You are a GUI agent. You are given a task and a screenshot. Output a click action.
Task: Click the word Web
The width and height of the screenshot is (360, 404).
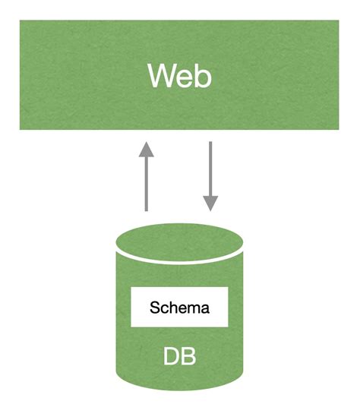click(x=179, y=77)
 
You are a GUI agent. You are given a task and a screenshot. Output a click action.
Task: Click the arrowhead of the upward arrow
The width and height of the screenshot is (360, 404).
click(x=147, y=150)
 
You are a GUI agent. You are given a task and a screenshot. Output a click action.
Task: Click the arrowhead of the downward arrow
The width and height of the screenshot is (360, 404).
click(x=210, y=204)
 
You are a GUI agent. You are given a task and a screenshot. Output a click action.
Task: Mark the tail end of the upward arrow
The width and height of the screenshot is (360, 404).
click(x=147, y=210)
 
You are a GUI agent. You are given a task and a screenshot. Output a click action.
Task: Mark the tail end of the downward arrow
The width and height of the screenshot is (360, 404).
click(x=210, y=144)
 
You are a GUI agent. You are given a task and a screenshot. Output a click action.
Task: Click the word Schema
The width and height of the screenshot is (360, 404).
click(x=179, y=308)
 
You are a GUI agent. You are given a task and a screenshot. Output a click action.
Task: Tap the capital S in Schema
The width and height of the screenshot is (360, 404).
click(x=155, y=308)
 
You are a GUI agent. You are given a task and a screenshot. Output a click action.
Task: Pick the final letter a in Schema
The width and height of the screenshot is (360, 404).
click(x=204, y=308)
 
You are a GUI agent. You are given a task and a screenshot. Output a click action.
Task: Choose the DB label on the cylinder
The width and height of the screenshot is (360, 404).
click(x=179, y=355)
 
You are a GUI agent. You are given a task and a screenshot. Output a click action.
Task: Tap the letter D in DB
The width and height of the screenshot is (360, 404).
click(x=171, y=355)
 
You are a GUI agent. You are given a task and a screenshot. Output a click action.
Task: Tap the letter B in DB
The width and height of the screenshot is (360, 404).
click(x=188, y=355)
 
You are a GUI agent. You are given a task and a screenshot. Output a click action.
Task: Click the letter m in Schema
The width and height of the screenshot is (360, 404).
click(x=192, y=308)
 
